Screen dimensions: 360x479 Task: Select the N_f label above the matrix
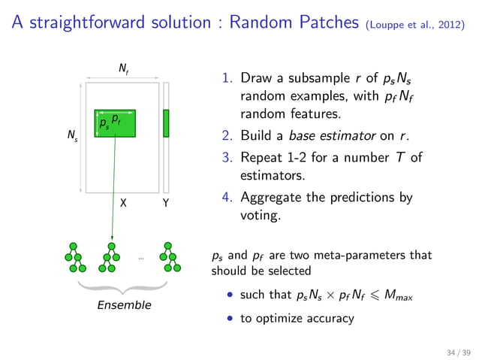click(x=123, y=69)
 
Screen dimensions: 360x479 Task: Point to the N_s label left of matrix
click(x=72, y=138)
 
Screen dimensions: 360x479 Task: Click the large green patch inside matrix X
click(x=115, y=123)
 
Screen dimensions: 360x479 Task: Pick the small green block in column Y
click(x=166, y=123)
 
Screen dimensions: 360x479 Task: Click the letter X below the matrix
click(x=123, y=203)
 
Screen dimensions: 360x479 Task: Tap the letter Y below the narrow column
click(x=166, y=203)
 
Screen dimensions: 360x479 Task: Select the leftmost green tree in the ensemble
click(x=74, y=258)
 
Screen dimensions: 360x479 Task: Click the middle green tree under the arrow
click(x=111, y=258)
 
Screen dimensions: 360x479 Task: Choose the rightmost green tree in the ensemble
click(x=170, y=258)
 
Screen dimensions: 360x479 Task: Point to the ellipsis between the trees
click(x=140, y=259)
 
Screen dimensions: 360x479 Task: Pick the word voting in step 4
click(x=259, y=216)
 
